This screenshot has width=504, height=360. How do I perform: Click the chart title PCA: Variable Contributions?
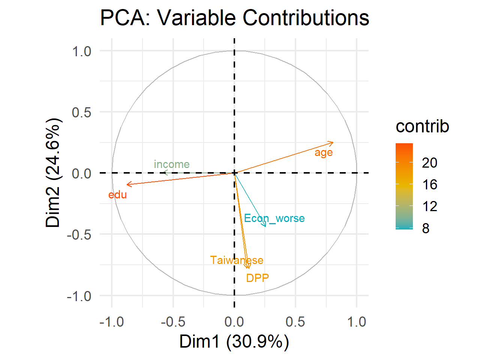(235, 18)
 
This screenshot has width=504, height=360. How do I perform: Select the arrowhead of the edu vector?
(127, 184)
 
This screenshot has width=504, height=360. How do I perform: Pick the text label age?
(324, 153)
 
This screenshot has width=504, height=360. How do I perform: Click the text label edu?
(117, 195)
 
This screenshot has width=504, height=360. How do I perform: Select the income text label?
(172, 164)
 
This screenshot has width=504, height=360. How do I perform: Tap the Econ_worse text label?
(274, 218)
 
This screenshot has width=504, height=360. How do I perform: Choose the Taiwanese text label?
(237, 260)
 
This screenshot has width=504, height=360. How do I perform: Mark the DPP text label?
(258, 278)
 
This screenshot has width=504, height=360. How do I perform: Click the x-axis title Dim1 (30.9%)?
(234, 342)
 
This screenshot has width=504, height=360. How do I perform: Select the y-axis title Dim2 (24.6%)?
(53, 173)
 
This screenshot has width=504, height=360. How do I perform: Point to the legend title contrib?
(422, 126)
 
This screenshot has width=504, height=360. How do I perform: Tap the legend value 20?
(429, 163)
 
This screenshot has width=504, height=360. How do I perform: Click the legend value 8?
(426, 228)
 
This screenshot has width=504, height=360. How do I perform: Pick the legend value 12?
(429, 206)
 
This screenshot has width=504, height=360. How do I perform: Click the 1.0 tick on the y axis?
(82, 51)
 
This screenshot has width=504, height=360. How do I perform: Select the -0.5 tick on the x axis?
(173, 322)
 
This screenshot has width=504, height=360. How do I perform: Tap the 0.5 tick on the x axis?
(295, 322)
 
